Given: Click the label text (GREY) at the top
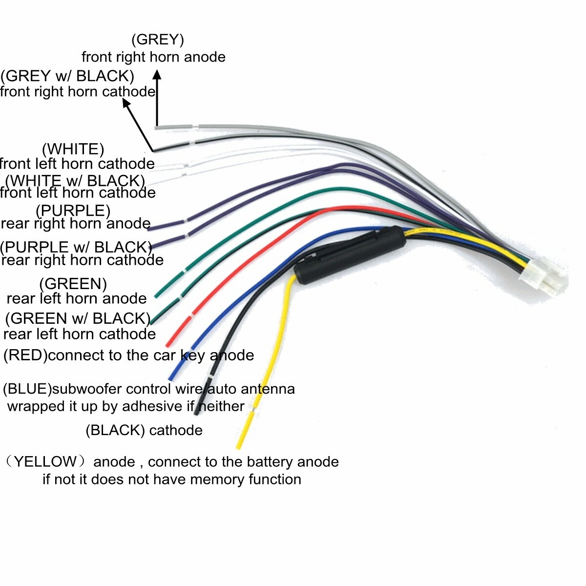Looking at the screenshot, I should pos(157,40).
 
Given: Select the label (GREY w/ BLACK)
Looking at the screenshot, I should pos(67,76).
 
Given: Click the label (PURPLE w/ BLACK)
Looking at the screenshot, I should pos(76,247).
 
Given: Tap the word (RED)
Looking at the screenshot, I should pos(25,355).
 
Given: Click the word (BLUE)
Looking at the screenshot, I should pos(27,389).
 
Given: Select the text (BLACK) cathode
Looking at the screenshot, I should pos(144,430).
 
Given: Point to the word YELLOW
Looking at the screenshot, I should pos(45,461).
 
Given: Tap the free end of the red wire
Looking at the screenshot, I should pos(169,343).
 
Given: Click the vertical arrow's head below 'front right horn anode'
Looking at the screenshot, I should pos(157,75).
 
